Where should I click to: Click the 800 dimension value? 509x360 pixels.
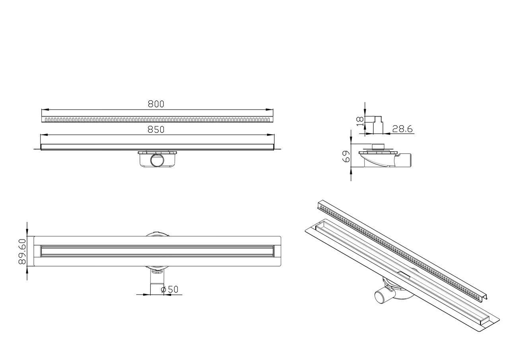click(156, 104)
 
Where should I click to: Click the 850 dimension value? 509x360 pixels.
click(156, 130)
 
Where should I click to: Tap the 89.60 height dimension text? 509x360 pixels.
click(22, 251)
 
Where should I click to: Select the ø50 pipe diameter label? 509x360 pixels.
click(169, 290)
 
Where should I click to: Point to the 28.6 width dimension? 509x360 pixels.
click(402, 129)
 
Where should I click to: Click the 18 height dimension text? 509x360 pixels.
click(360, 121)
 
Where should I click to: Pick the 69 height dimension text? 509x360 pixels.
click(346, 156)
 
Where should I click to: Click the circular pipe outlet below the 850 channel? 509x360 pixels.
click(156, 160)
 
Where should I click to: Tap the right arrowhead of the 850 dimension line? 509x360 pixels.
click(271, 135)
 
